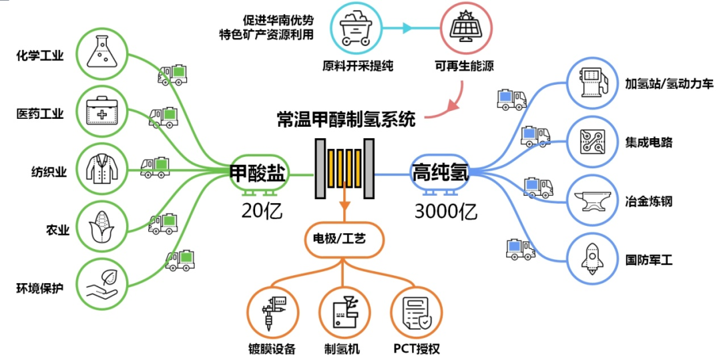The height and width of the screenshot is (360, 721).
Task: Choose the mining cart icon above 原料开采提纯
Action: [x=353, y=29]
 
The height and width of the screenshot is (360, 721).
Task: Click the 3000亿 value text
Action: [x=445, y=212]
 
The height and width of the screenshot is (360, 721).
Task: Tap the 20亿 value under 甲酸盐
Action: [x=262, y=212]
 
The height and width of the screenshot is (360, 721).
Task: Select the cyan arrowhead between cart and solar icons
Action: [x=407, y=29]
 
